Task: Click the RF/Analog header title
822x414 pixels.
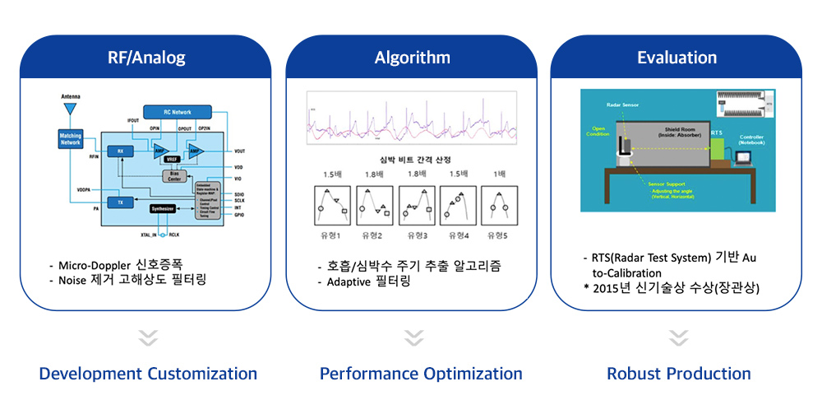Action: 146,58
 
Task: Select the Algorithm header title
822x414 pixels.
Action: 412,58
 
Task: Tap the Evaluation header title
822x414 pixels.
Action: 677,58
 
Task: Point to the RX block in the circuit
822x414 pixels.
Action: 120,151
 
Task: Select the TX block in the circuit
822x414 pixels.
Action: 120,202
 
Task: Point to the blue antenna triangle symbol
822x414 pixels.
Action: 71,109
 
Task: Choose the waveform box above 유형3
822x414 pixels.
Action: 418,206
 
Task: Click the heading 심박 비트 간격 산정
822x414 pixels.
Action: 413,158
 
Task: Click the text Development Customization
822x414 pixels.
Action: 148,374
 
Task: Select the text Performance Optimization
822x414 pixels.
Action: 421,374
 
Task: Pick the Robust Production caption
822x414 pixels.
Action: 678,374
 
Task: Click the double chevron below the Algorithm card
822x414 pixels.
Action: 413,337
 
